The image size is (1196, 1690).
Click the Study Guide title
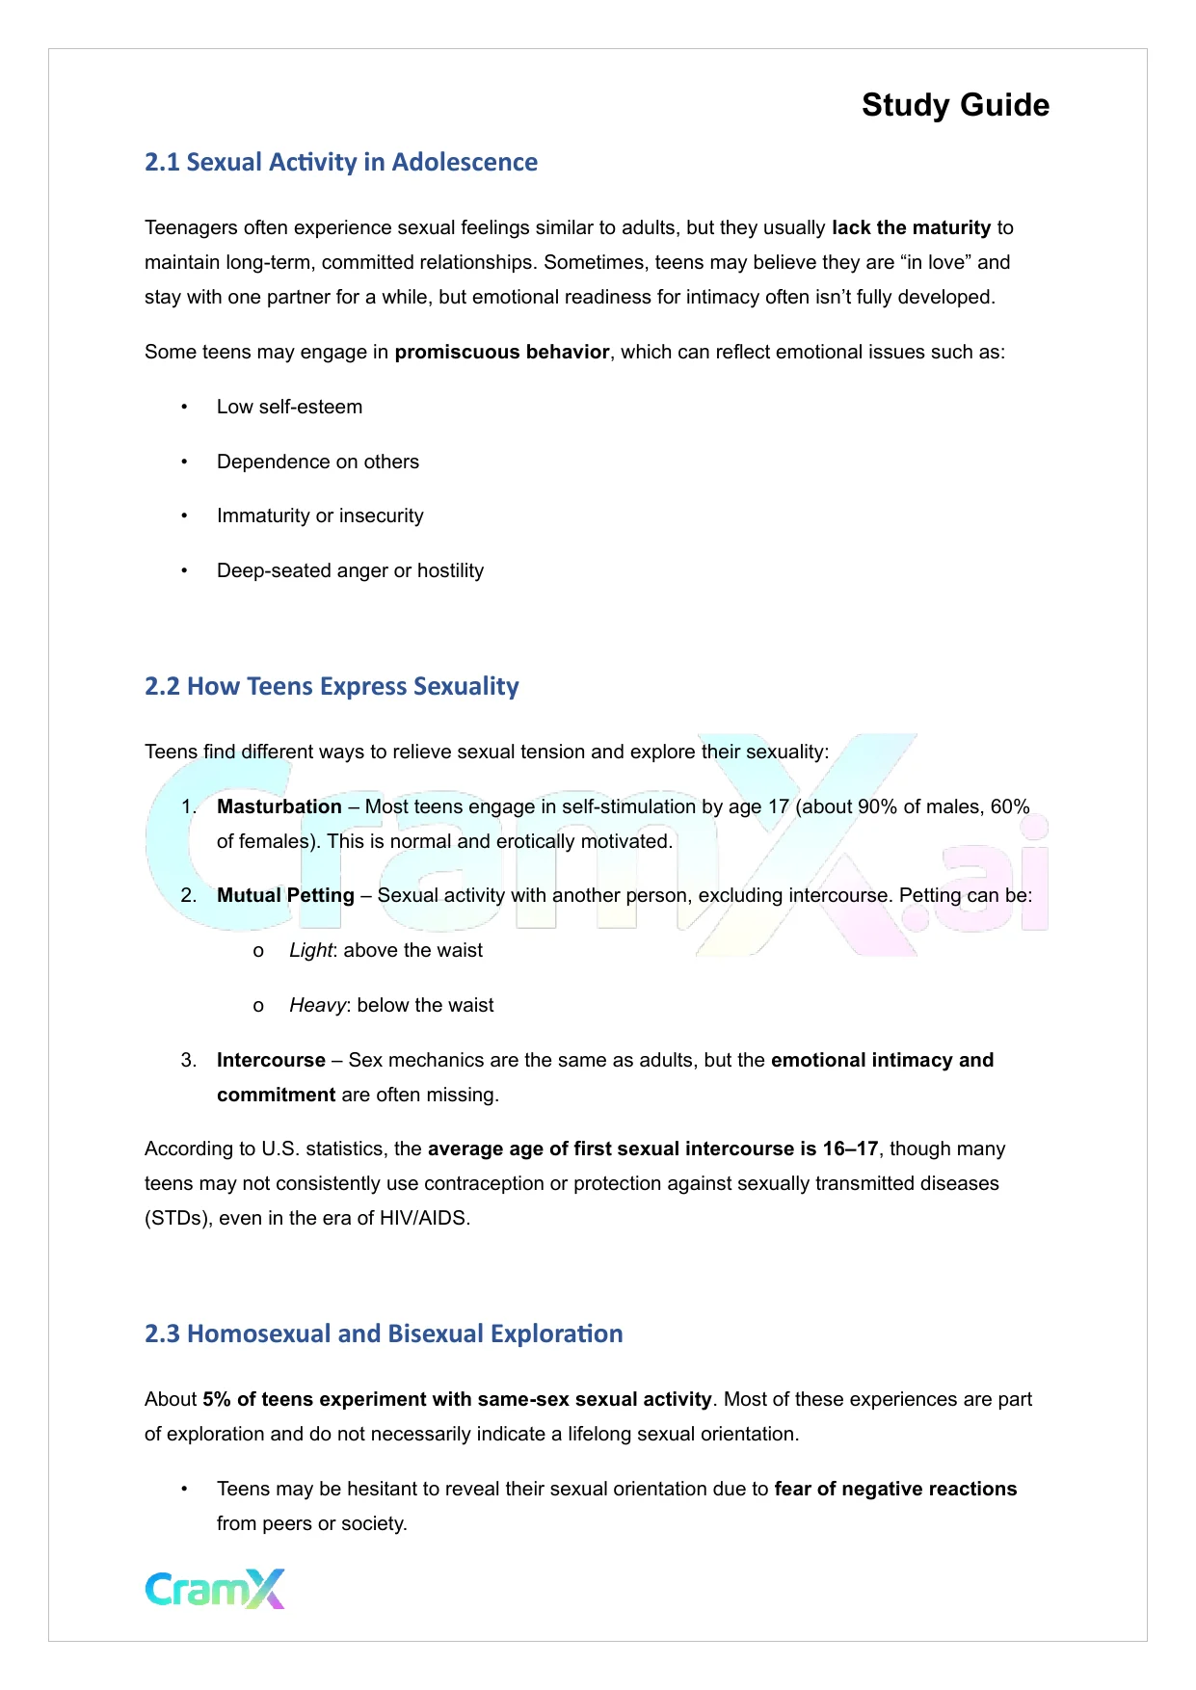tap(954, 105)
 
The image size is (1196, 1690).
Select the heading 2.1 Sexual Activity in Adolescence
tap(340, 162)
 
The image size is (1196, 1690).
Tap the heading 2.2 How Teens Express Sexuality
tap(332, 686)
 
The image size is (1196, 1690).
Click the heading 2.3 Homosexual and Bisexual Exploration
tap(384, 1334)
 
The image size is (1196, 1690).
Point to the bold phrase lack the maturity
tap(911, 227)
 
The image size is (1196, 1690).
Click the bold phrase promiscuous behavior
tap(502, 352)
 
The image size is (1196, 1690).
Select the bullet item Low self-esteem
tap(289, 407)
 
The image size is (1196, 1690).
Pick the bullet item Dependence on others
tap(317, 462)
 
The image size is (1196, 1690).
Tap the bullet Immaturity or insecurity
tap(320, 515)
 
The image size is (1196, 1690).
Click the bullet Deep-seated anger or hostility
tap(350, 570)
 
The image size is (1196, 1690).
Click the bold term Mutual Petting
tap(285, 895)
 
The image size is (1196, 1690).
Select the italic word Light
tap(310, 950)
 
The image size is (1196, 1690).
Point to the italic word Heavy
tap(317, 1005)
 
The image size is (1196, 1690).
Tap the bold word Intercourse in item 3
tap(271, 1060)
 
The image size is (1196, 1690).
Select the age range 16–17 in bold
tap(850, 1149)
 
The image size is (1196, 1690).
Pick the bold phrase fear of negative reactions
tap(895, 1489)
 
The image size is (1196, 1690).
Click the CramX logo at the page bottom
tap(215, 1589)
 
